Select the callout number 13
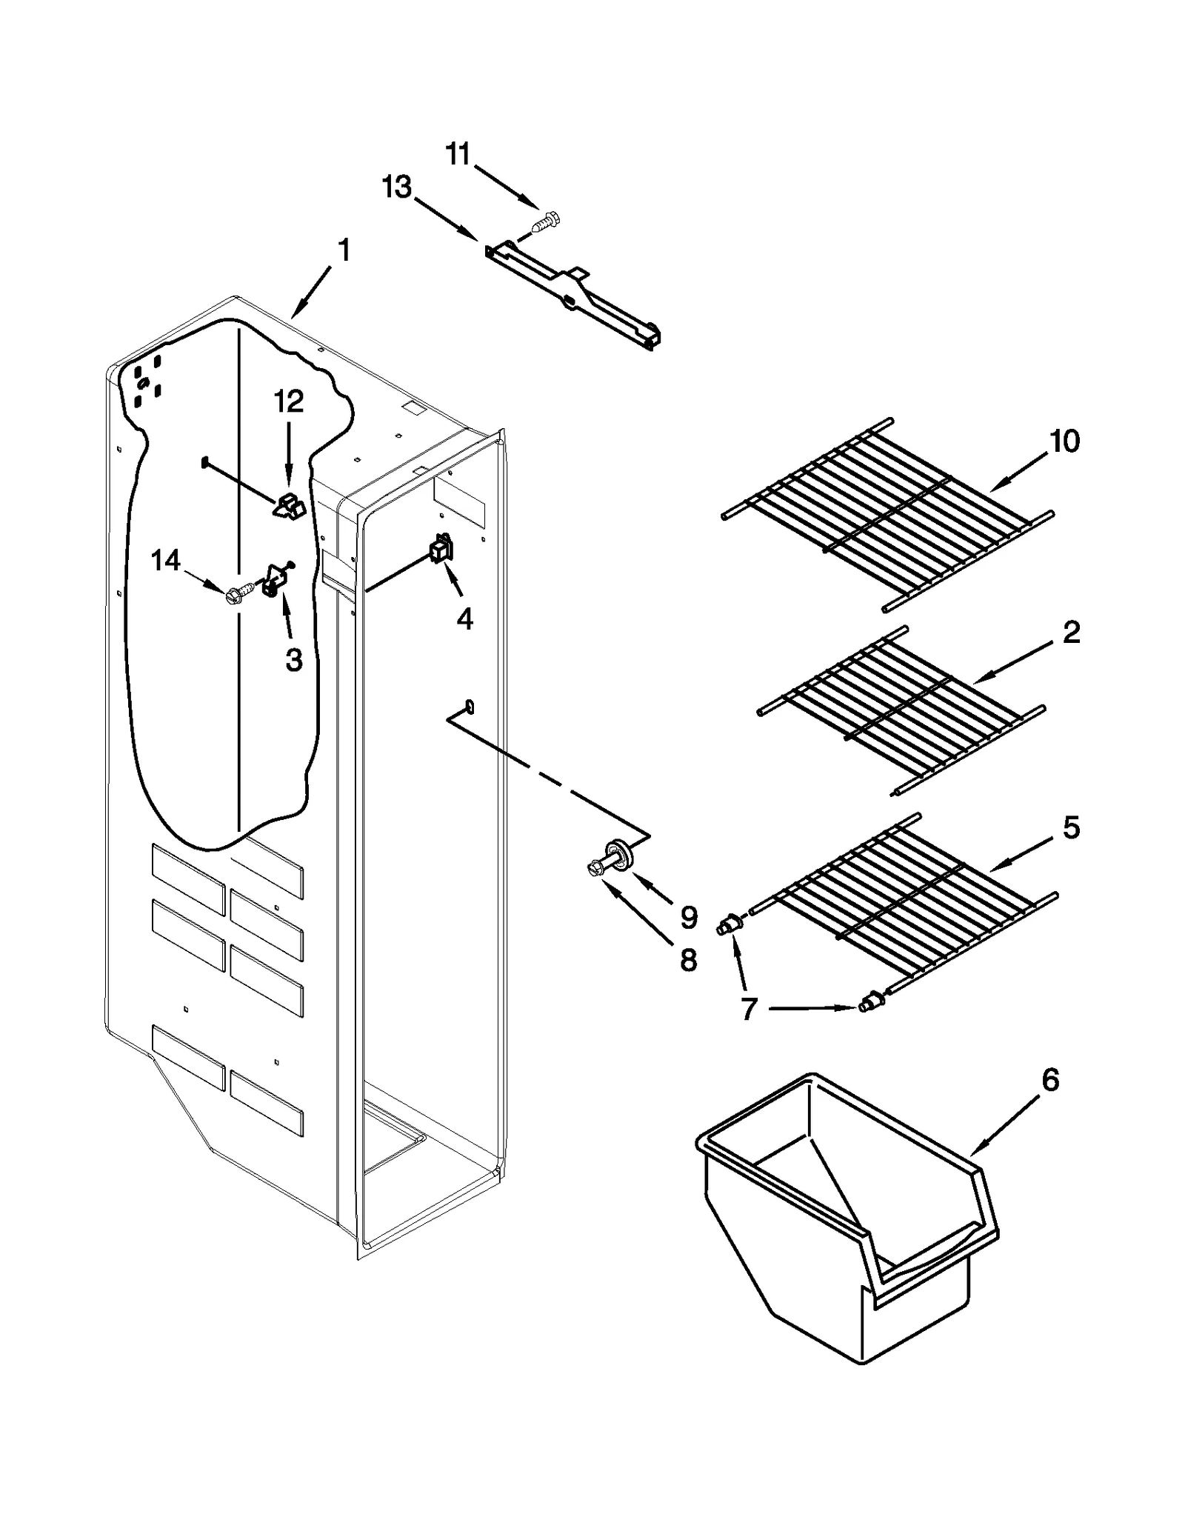point(397,187)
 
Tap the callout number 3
point(294,658)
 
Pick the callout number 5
point(1071,827)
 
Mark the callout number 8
point(688,961)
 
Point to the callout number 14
point(165,561)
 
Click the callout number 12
point(289,401)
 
